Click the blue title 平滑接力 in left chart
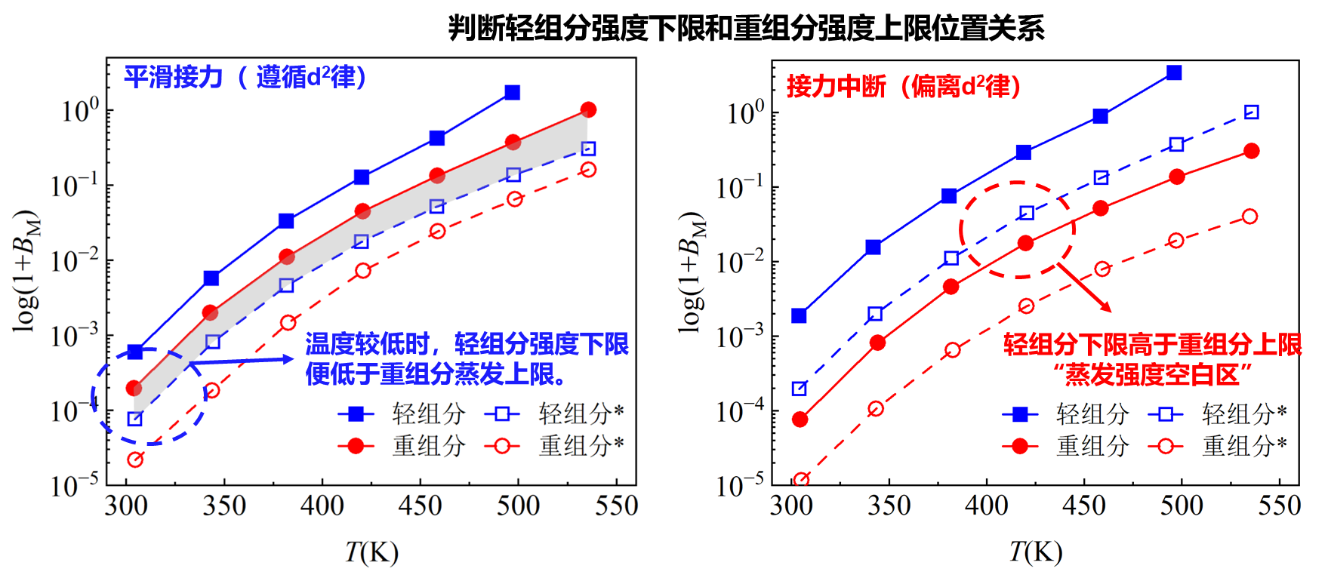[x=174, y=77]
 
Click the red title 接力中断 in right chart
[x=836, y=86]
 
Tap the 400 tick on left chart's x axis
[x=322, y=506]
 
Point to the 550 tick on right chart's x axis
[x=1279, y=506]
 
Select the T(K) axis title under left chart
[x=371, y=552]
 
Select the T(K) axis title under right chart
[x=1036, y=552]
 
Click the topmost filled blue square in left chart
[x=513, y=93]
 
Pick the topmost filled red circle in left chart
[x=589, y=110]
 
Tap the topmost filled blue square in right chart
[x=1174, y=73]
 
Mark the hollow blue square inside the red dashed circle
[x=1027, y=214]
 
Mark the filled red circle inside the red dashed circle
[x=1025, y=243]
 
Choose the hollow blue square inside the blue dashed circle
[x=135, y=419]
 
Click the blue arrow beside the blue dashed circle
[x=242, y=361]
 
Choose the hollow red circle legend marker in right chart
[x=1166, y=446]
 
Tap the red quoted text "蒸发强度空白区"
[x=1153, y=374]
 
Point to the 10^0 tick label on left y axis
[x=80, y=111]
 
